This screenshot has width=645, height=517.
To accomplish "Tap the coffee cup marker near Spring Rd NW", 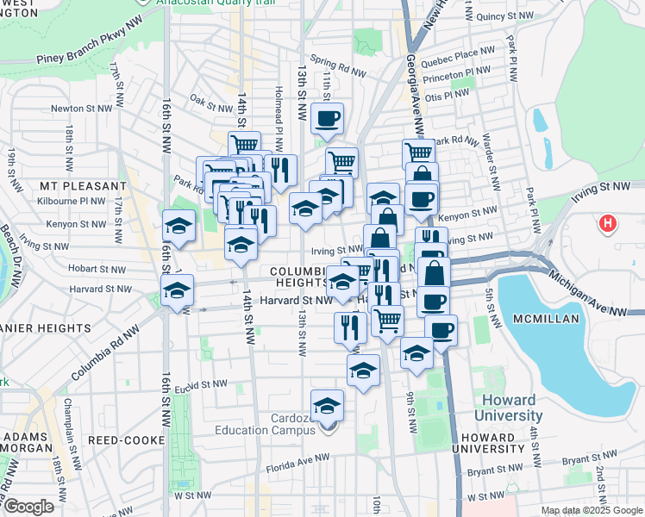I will click(x=327, y=119).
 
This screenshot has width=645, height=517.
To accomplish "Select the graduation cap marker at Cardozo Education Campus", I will click(x=327, y=406).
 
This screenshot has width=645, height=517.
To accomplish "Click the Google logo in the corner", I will click(x=28, y=507).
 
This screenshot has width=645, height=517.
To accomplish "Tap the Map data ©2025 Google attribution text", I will click(x=591, y=510).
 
